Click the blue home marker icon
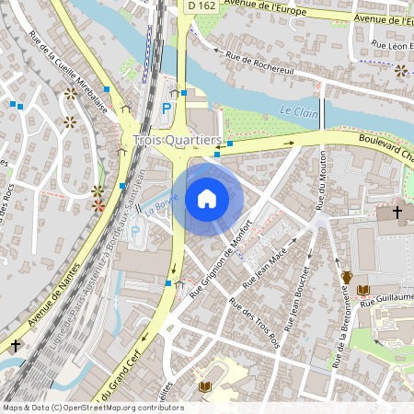pyautogui.click(x=207, y=198)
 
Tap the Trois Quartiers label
pyautogui.click(x=178, y=140)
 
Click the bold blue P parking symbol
pyautogui.click(x=167, y=109)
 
